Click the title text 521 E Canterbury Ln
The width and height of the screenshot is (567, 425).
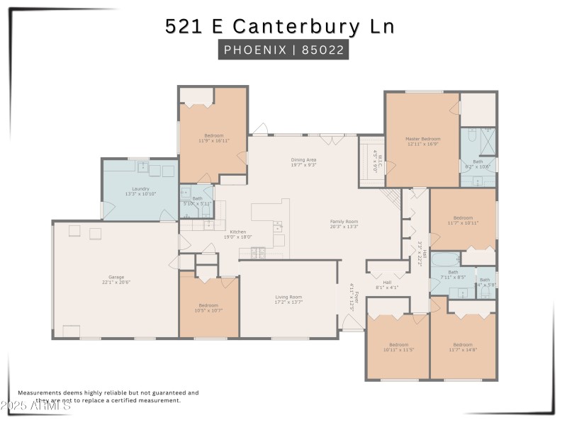[279, 26]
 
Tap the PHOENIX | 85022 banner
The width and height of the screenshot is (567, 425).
[283, 50]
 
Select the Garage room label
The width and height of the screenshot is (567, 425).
[116, 279]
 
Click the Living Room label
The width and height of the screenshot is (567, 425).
[288, 299]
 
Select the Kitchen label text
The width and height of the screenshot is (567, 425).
[237, 232]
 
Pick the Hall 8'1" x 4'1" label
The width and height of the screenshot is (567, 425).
[387, 284]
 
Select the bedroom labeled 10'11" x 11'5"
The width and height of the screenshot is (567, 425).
[398, 346]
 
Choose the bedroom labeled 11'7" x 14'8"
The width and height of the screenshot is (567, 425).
[462, 346]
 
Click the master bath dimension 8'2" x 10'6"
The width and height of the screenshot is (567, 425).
[478, 166]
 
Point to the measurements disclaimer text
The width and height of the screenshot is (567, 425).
[108, 396]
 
